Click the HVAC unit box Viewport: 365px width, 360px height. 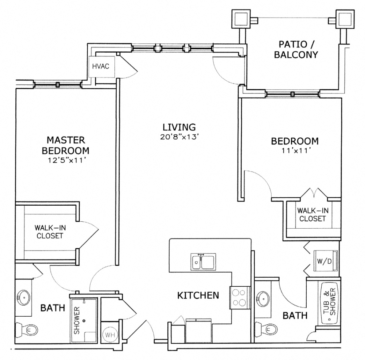pyautogui.click(x=100, y=66)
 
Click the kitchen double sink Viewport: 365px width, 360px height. pyautogui.click(x=203, y=262)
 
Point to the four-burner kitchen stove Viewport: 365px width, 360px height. pyautogui.click(x=238, y=297)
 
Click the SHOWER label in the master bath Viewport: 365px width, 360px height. pyautogui.click(x=77, y=320)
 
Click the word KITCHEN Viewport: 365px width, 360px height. pyautogui.click(x=198, y=295)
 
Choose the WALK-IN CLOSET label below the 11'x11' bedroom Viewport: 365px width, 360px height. pyautogui.click(x=312, y=214)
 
